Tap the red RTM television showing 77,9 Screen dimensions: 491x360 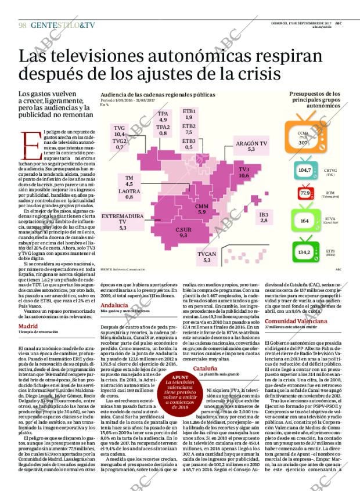(305, 193)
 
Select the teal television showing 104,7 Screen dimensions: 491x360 (304, 170)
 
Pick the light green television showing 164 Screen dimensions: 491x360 (305, 221)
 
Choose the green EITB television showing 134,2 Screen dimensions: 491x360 (304, 252)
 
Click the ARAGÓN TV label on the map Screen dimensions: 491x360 (251, 146)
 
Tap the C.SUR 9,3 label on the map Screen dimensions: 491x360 (183, 233)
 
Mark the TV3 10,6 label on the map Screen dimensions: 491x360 (244, 172)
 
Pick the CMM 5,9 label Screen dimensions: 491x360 (201, 209)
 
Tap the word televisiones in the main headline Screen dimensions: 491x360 (102, 57)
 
